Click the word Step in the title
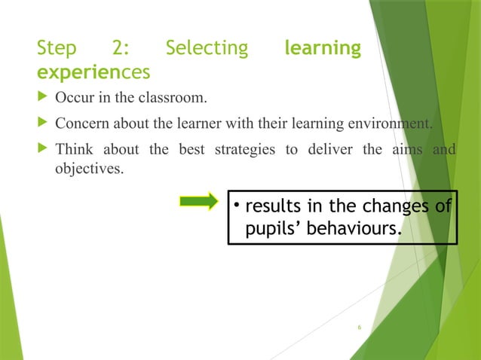[x=57, y=49]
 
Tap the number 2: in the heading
[x=120, y=49]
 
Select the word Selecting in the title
[x=207, y=49]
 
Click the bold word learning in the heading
[x=323, y=49]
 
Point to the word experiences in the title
[x=93, y=72]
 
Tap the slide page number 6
[x=360, y=328]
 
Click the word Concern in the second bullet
[x=81, y=124]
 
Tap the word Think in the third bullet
[x=74, y=148]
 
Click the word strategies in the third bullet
[x=249, y=148]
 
